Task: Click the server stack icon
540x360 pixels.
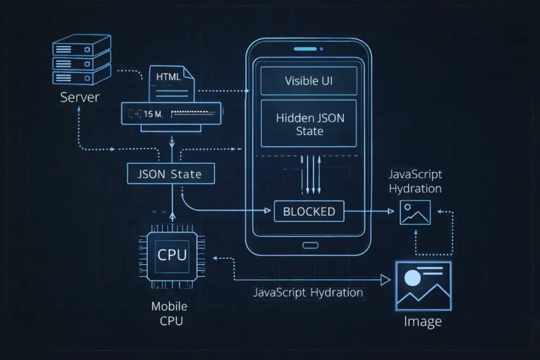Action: (x=82, y=59)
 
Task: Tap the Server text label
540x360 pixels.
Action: (x=80, y=97)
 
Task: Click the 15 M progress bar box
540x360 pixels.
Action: (x=172, y=113)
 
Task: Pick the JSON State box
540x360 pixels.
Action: (x=171, y=173)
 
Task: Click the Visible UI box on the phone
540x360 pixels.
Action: (x=309, y=81)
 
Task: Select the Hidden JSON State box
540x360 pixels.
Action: (x=309, y=124)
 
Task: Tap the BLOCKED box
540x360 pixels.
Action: (x=309, y=211)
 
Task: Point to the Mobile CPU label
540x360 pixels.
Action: (x=169, y=314)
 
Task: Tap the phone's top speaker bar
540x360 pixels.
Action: (x=308, y=49)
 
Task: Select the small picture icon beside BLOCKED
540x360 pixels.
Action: (x=415, y=212)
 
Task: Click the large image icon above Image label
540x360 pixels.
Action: (x=423, y=285)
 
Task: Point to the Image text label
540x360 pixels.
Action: (x=423, y=321)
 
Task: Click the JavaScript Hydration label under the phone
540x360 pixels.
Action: (x=308, y=293)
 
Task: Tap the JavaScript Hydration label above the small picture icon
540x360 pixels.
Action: (x=415, y=181)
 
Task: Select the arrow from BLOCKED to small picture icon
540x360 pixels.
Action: (x=369, y=211)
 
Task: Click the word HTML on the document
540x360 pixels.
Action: (x=168, y=76)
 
